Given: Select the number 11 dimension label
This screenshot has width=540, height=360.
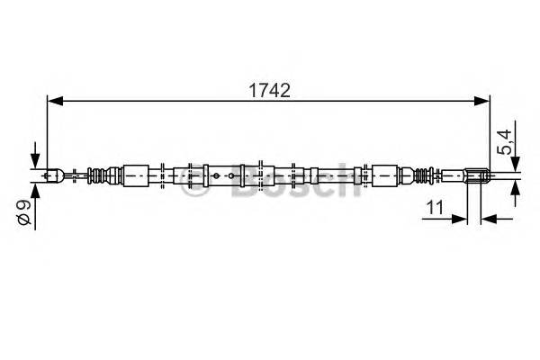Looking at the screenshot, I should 436,207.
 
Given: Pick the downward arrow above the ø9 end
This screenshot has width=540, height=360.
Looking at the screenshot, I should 36,157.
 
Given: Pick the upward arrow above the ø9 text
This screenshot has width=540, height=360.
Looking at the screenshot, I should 36,192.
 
